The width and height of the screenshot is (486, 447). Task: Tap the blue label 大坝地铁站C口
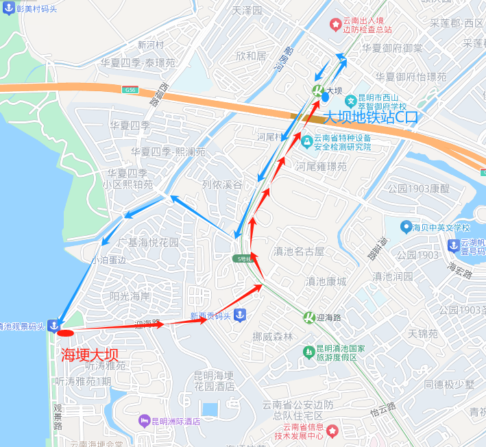[x=370, y=117]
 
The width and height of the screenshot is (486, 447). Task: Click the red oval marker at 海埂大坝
[x=65, y=333]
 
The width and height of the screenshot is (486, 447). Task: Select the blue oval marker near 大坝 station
[x=325, y=97]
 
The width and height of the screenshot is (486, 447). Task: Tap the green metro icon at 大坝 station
[x=317, y=90]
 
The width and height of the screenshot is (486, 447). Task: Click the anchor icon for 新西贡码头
[x=239, y=315]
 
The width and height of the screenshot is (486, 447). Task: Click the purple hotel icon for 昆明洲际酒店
[x=144, y=420]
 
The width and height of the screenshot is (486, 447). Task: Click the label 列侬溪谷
[x=222, y=184]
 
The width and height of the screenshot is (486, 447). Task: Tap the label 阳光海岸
[x=130, y=296]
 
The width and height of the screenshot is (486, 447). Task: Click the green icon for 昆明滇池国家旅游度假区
[x=308, y=352]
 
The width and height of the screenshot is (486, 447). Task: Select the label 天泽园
[x=247, y=11]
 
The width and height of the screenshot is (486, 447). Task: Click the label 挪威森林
[x=272, y=336]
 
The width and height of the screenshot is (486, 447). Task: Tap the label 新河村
[x=151, y=45]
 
